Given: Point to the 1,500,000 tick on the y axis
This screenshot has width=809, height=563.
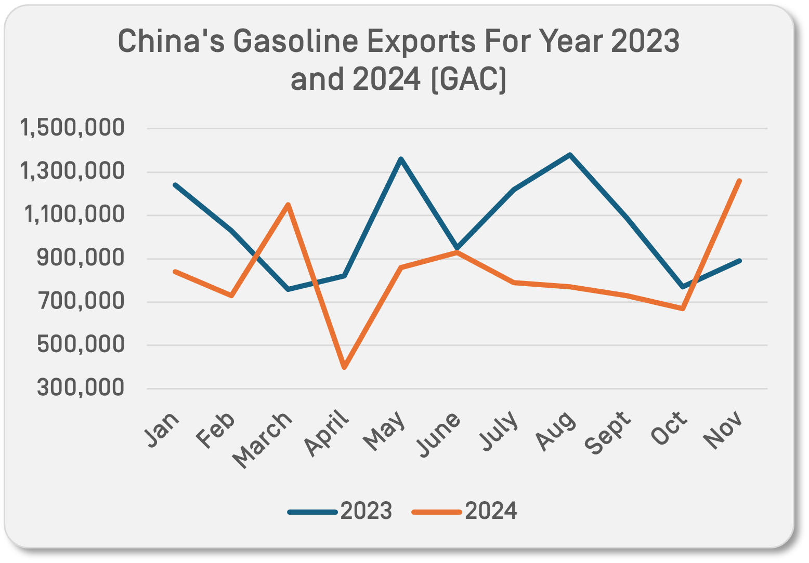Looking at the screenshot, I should point(72,128).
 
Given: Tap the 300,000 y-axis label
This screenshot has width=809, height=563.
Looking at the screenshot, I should point(81,387).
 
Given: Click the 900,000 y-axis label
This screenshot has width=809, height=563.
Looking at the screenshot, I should point(81,258).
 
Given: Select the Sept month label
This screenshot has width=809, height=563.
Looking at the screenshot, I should point(608,432).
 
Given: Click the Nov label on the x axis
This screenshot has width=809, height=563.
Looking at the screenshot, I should point(722,430).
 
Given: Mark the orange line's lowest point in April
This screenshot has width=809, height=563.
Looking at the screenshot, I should point(344,368).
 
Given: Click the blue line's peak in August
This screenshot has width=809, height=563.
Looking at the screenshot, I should point(570,155).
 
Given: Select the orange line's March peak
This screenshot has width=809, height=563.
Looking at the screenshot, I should point(288,204).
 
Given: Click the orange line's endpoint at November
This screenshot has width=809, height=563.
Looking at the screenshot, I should point(739,181).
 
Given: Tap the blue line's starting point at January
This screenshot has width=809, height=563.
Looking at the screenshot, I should point(175,184).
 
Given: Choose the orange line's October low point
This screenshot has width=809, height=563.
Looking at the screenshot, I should point(683,309).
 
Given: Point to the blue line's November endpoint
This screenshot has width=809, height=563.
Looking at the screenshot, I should point(739,261).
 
